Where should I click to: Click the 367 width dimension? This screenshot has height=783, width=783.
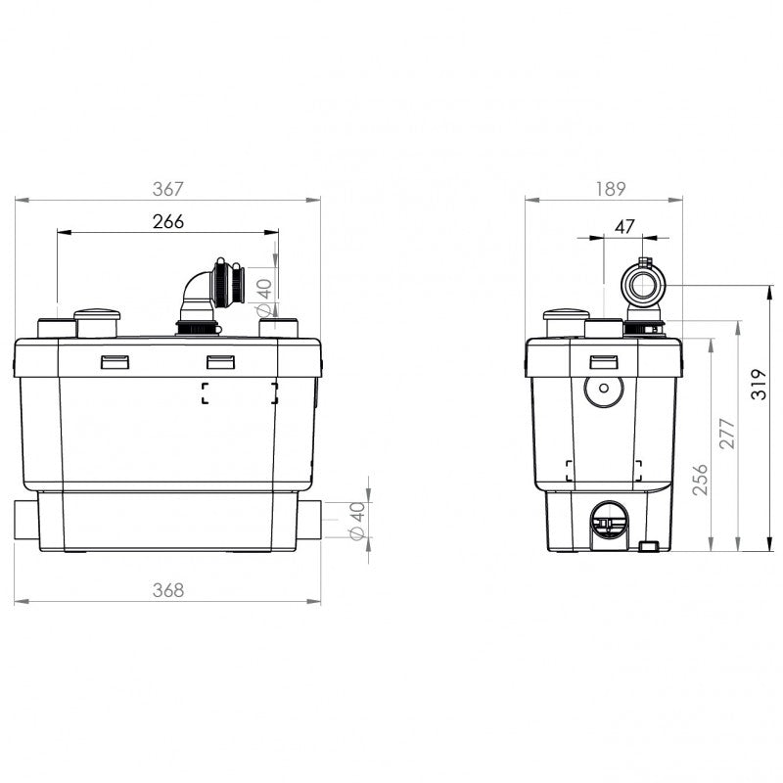[168, 188]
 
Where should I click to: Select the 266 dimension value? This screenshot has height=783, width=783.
[168, 221]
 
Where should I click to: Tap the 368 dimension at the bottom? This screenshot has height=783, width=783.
[168, 589]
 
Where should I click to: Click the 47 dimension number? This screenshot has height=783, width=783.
[624, 226]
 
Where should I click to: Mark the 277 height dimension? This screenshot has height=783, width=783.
[726, 432]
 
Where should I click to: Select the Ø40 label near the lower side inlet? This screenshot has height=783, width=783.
[357, 520]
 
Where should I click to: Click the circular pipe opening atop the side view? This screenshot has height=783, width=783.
[644, 287]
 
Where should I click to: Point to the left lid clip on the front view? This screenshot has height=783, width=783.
[115, 362]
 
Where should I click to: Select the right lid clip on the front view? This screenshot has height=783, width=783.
[219, 362]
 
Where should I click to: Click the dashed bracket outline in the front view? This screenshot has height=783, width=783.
[240, 393]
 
